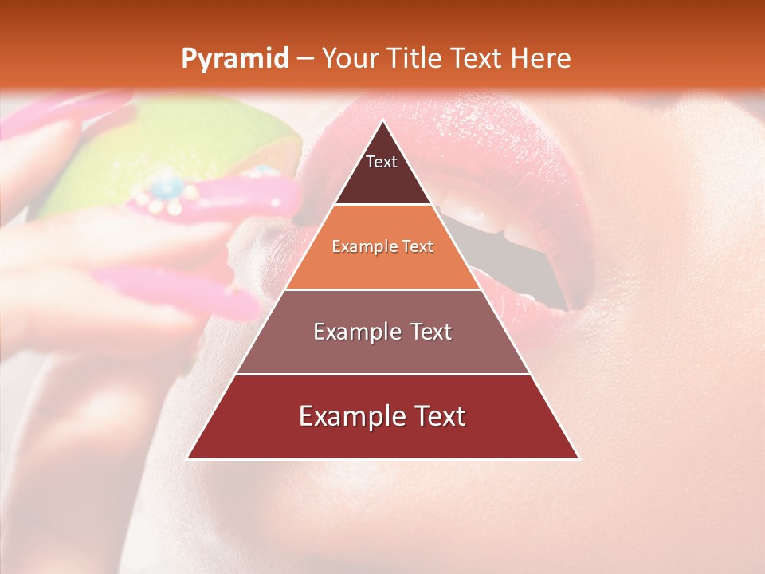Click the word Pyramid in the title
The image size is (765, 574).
coord(234,59)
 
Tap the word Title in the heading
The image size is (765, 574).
coord(415,59)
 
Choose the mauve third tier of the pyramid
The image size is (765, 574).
coord(382,351)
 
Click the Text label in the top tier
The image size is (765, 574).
coord(382,162)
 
